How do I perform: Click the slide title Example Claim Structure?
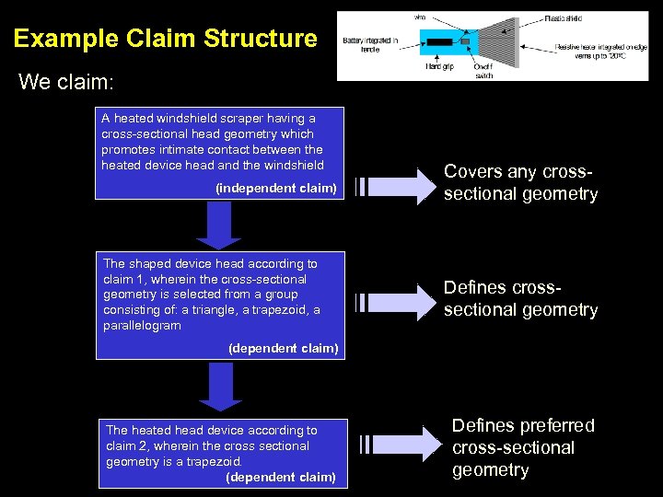[165, 39]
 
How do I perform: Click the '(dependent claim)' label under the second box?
[283, 348]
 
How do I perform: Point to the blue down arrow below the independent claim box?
[219, 226]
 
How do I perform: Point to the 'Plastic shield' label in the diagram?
[563, 17]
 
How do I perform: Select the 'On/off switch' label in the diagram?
[483, 71]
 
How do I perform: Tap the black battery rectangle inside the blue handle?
[438, 42]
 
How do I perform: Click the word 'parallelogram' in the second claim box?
[142, 326]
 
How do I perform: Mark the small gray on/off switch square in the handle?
[466, 42]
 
